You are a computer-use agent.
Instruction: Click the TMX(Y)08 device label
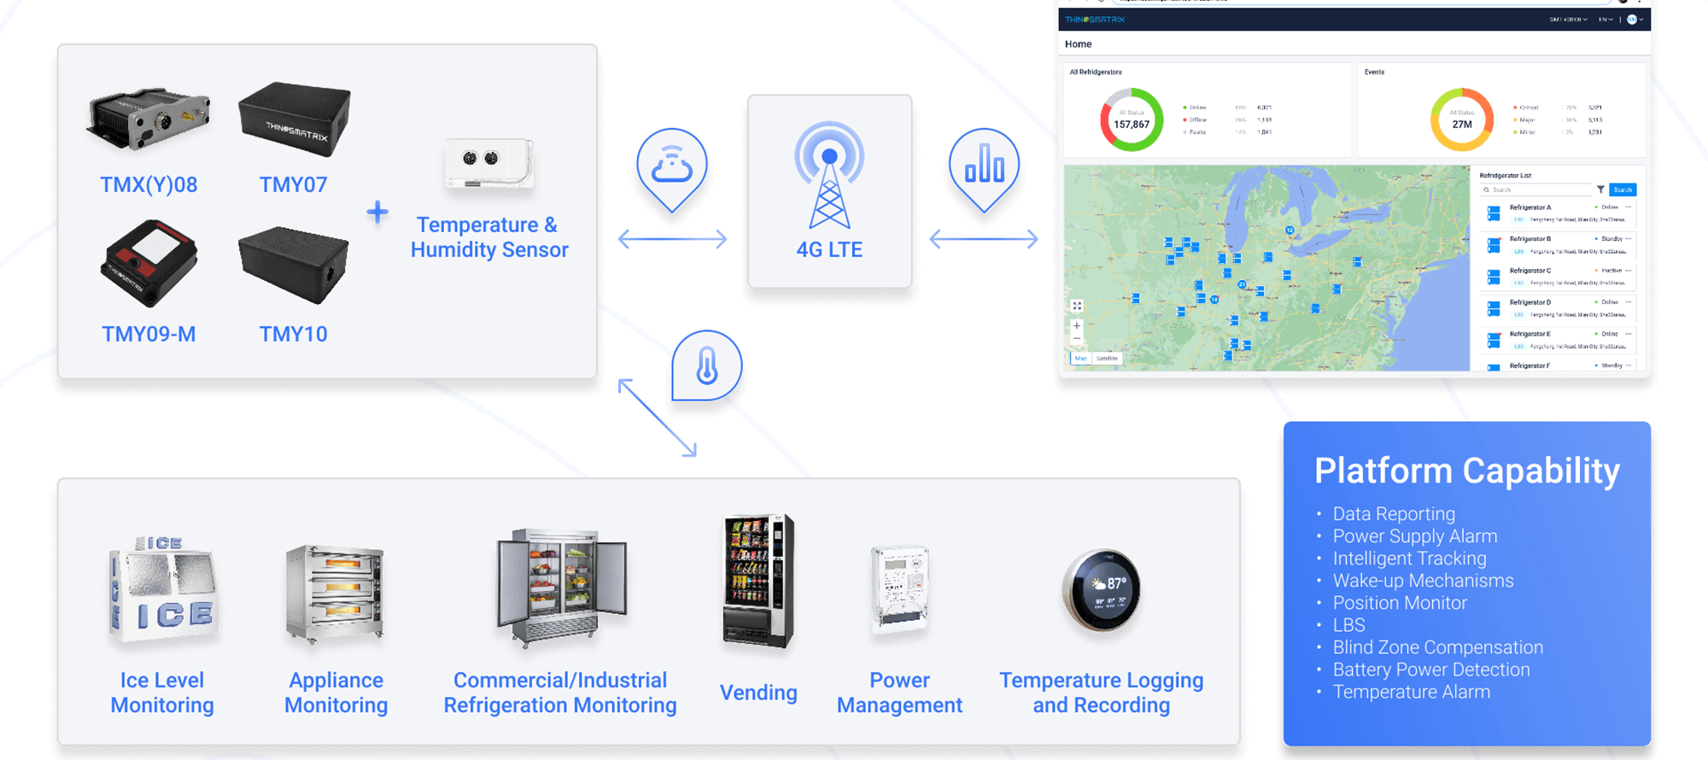coord(149,184)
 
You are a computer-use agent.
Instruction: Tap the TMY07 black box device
coord(295,119)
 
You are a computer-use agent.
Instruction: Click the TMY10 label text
coord(293,334)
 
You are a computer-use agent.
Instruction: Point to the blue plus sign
coord(377,212)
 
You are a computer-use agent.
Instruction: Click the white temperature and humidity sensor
coord(488,162)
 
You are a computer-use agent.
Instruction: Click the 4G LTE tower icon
coord(828,175)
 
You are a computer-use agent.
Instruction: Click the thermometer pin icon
coord(706,366)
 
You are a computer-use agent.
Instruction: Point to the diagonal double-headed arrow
coord(658,418)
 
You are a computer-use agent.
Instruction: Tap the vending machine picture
coord(757,582)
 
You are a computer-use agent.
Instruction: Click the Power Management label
coord(899,693)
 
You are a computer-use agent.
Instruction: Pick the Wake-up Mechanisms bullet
coord(1423,581)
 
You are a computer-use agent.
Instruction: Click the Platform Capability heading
coord(1466,471)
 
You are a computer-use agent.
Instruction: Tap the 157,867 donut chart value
coord(1131,125)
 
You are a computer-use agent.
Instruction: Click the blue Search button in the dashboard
coord(1622,190)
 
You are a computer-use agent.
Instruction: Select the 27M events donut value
coord(1462,125)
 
